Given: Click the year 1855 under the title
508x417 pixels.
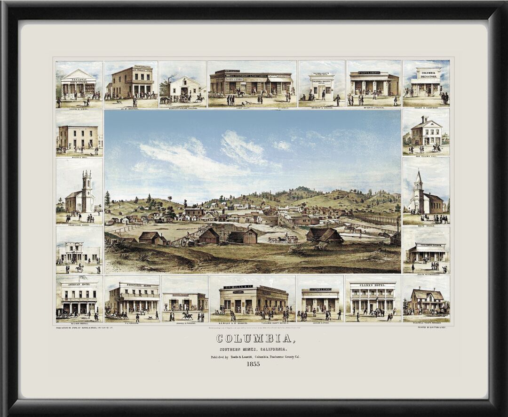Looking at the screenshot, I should [254, 364].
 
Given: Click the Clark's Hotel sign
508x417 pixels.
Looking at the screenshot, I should [373, 285].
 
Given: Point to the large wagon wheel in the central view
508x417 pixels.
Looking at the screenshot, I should [184, 242].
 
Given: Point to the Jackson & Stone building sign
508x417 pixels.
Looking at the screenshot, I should [320, 289].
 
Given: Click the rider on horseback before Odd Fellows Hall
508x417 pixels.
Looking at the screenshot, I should [436, 147].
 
